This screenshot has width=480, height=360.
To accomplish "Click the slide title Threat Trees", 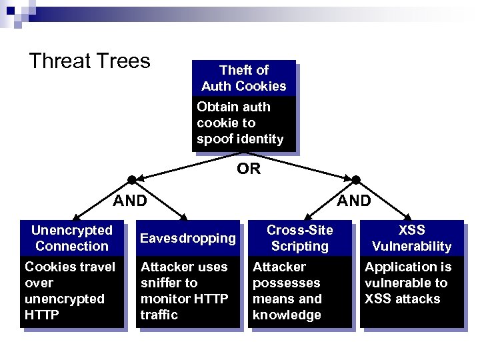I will (x=90, y=61).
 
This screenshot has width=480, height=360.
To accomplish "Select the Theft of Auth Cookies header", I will (x=244, y=78).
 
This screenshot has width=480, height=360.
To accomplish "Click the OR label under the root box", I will (x=249, y=169).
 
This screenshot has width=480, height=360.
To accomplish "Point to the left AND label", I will (x=130, y=200).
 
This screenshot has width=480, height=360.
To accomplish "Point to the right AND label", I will (x=354, y=200).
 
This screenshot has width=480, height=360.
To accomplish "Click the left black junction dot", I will (x=132, y=180).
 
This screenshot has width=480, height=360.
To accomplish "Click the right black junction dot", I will (x=356, y=180).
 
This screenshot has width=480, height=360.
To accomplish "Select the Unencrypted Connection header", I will (x=72, y=238).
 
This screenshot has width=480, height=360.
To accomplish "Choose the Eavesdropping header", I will (x=188, y=238).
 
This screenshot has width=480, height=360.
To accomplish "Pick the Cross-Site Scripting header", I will (x=300, y=238).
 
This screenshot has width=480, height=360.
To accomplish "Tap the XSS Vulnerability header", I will (x=411, y=238).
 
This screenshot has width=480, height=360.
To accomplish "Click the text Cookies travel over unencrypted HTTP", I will (x=70, y=291).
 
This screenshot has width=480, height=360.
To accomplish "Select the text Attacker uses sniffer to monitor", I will (x=185, y=291).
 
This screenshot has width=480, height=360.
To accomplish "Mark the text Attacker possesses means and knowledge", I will (x=287, y=291).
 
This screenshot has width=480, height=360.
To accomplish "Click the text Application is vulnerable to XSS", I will (x=408, y=283).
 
